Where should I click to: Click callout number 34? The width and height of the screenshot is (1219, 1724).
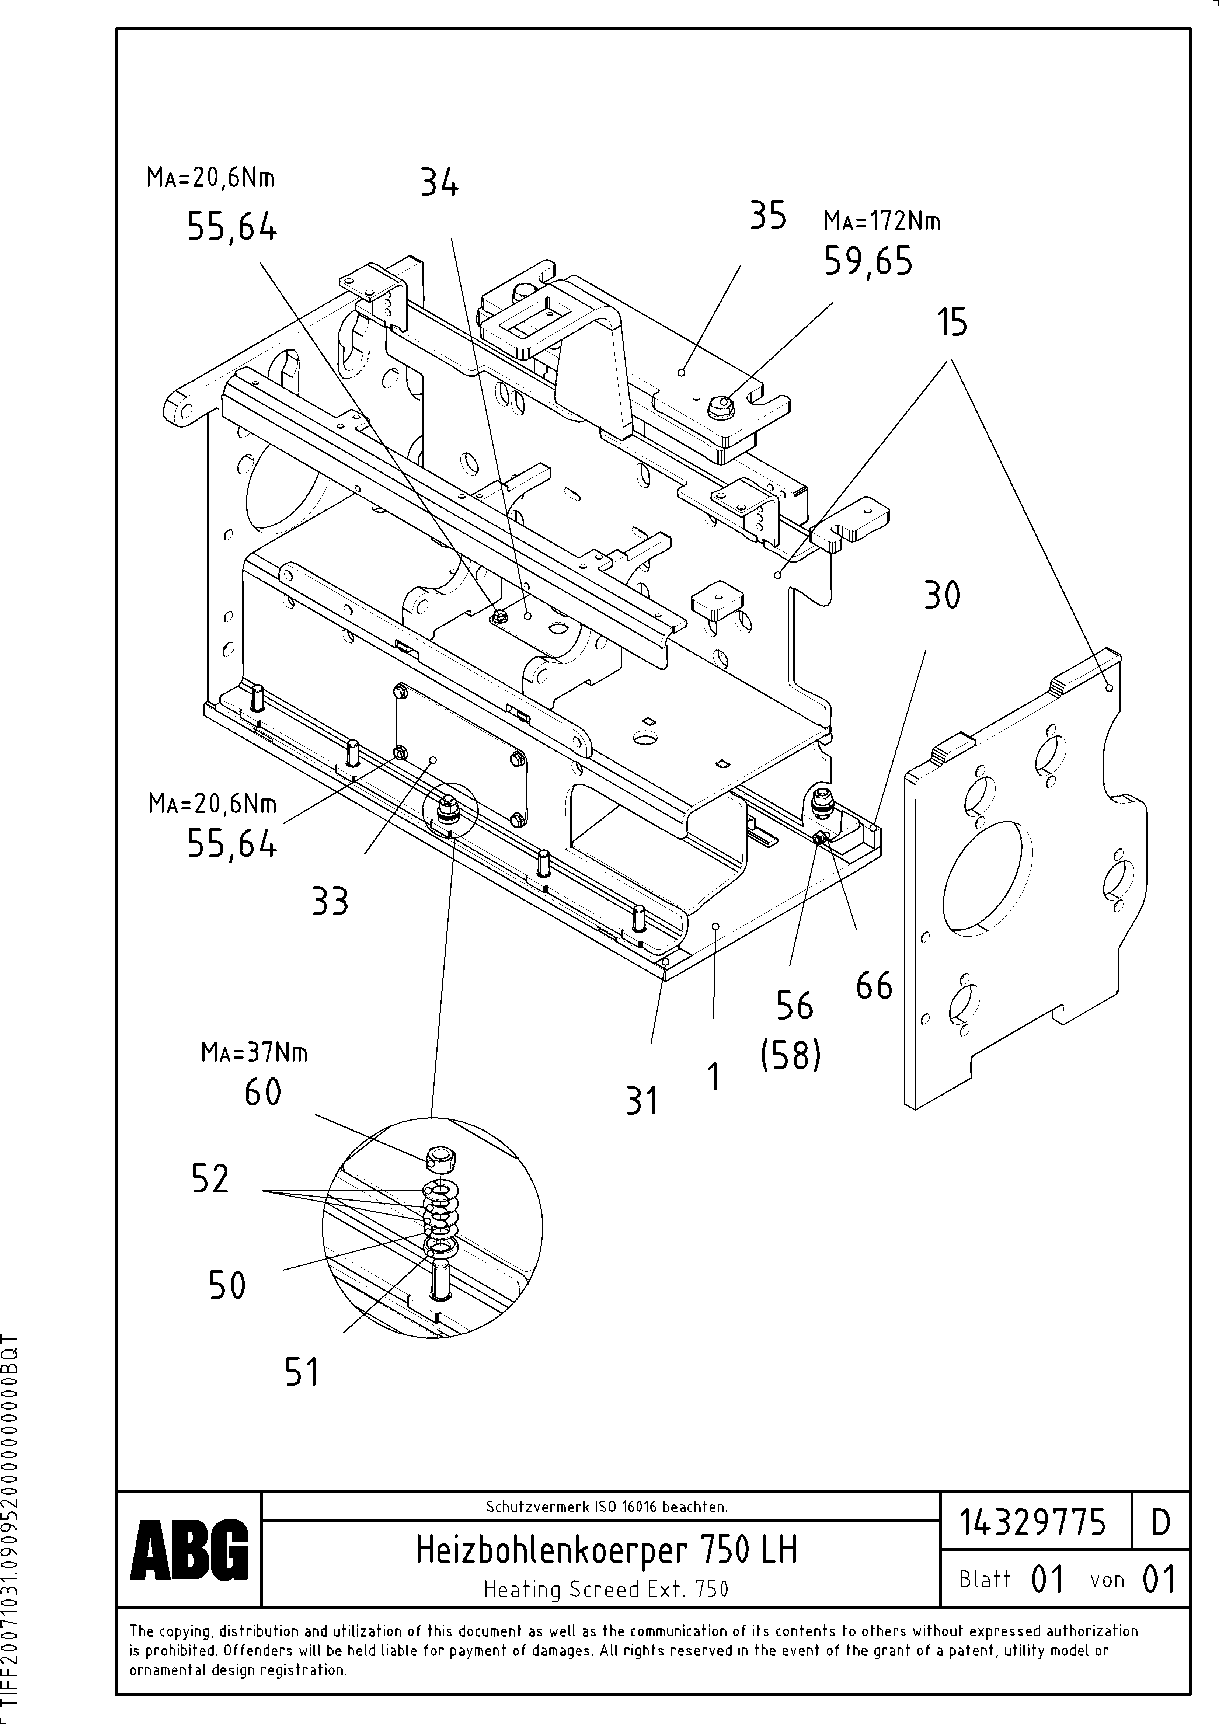point(439,182)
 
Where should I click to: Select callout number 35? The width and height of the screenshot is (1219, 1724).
point(767,216)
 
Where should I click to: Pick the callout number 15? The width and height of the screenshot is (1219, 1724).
point(952,323)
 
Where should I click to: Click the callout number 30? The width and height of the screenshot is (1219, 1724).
point(942,596)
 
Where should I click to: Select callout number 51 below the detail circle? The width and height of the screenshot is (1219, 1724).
point(302,1373)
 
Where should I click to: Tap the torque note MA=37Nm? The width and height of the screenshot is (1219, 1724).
point(254,1053)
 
